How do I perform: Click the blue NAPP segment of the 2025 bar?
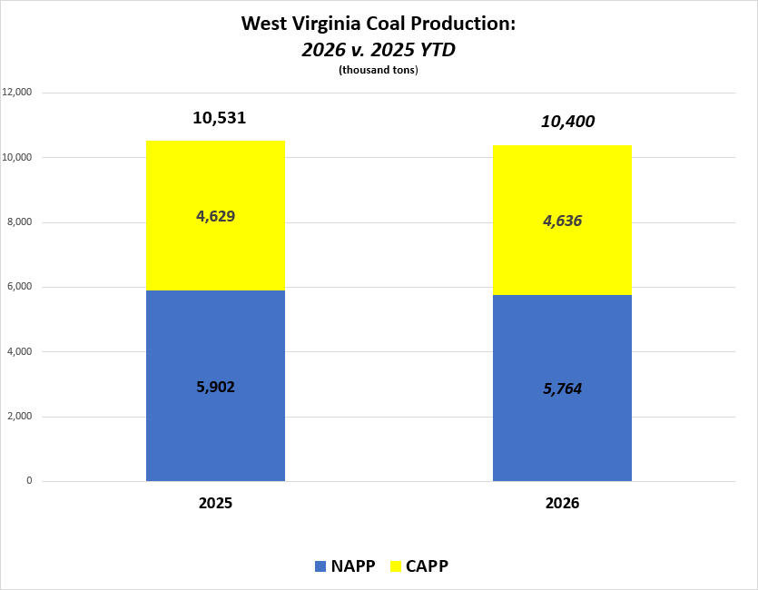pyautogui.click(x=215, y=427)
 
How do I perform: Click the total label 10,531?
pyautogui.click(x=220, y=118)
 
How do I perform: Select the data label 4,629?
pyautogui.click(x=215, y=216)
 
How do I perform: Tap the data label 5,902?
pyautogui.click(x=215, y=387)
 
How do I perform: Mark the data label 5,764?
pyautogui.click(x=562, y=388)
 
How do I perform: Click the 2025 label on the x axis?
pyautogui.click(x=215, y=503)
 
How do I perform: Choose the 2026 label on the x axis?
pyautogui.click(x=562, y=503)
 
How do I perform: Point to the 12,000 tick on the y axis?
pyautogui.click(x=18, y=93)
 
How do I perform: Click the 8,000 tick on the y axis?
pyautogui.click(x=20, y=222)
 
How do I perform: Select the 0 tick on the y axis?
pyautogui.click(x=29, y=481)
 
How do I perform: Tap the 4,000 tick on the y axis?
pyautogui.click(x=20, y=352)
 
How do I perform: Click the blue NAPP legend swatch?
pyautogui.click(x=320, y=566)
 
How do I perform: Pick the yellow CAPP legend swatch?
pyautogui.click(x=395, y=566)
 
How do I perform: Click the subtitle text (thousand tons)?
pyautogui.click(x=379, y=71)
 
